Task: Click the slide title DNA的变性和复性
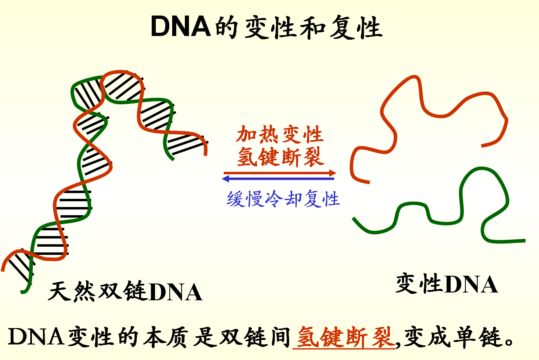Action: [266, 28]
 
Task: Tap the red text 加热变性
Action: [280, 135]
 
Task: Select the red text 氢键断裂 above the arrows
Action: [280, 156]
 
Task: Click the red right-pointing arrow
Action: [278, 173]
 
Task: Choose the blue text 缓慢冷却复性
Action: [283, 199]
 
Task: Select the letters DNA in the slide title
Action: [180, 28]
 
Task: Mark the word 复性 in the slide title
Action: [355, 28]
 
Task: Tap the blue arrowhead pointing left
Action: [226, 179]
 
